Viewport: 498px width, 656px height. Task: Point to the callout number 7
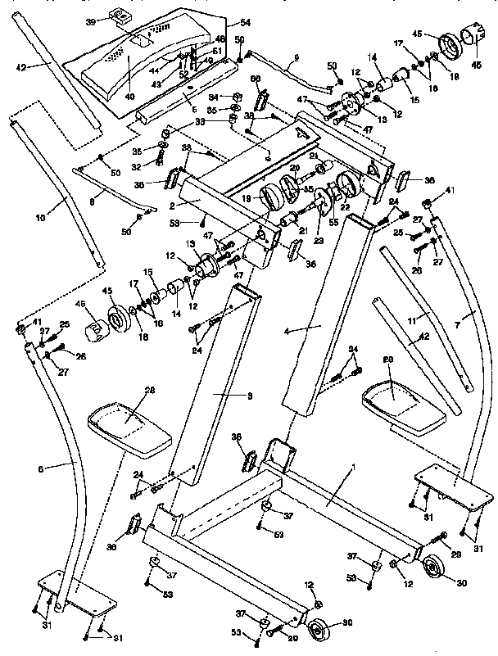pyautogui.click(x=470, y=317)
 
